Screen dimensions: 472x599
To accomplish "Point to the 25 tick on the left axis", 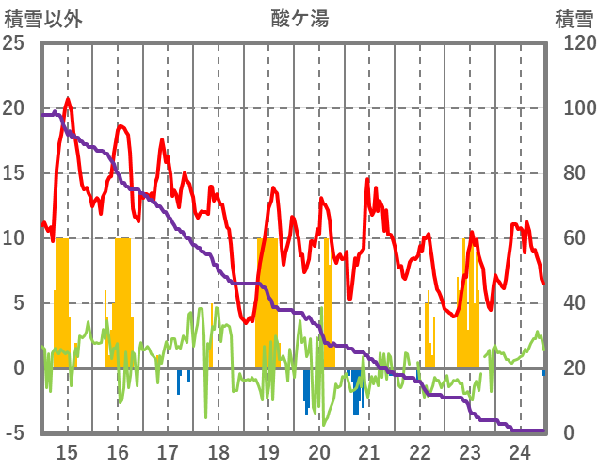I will tap(14, 43).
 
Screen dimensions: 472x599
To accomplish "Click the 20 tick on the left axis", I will tap(14, 108).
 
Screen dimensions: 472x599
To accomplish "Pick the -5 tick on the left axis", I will tap(14, 433).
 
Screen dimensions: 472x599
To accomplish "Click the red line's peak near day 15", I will tap(68, 99).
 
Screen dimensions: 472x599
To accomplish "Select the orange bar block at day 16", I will tap(122, 301).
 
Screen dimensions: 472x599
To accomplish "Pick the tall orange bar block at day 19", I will tap(267, 301).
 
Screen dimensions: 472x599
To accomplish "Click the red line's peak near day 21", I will tap(368, 179).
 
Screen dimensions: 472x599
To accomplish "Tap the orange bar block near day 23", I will tap(469, 301).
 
